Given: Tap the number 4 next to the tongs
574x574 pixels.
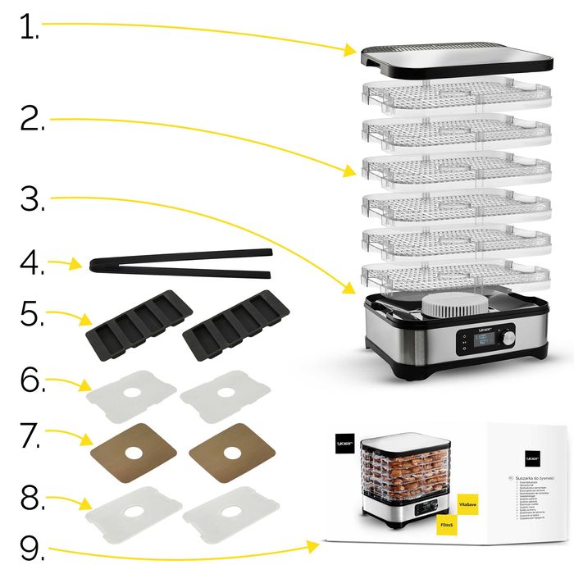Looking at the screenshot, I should click(30, 264).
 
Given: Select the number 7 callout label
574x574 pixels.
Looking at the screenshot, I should click(30, 435).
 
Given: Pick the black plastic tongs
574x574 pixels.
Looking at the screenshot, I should click(179, 264).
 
